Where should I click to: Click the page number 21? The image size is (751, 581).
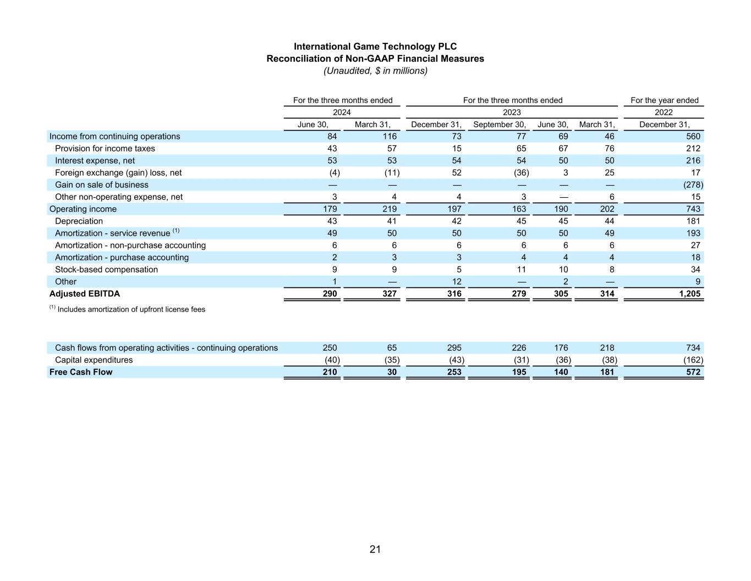375,549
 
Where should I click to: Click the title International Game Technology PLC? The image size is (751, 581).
375,46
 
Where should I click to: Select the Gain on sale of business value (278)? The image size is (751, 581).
693,184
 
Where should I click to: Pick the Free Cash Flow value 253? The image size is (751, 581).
454,372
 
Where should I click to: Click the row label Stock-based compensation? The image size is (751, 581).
106,269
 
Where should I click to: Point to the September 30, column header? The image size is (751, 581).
499,124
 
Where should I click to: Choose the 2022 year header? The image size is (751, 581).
664,112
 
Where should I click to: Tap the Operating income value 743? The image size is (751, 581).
693,209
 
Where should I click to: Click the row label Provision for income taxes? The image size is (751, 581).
105,148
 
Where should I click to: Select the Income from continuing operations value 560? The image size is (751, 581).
693,136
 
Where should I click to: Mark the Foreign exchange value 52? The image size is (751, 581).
456,172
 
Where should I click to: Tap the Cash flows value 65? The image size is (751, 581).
391,347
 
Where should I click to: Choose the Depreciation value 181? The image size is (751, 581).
693,221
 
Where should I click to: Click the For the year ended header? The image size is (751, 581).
664,100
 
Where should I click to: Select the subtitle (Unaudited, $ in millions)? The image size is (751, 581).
375,70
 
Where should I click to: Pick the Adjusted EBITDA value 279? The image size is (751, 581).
518,294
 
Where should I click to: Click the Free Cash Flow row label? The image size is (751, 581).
81,372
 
